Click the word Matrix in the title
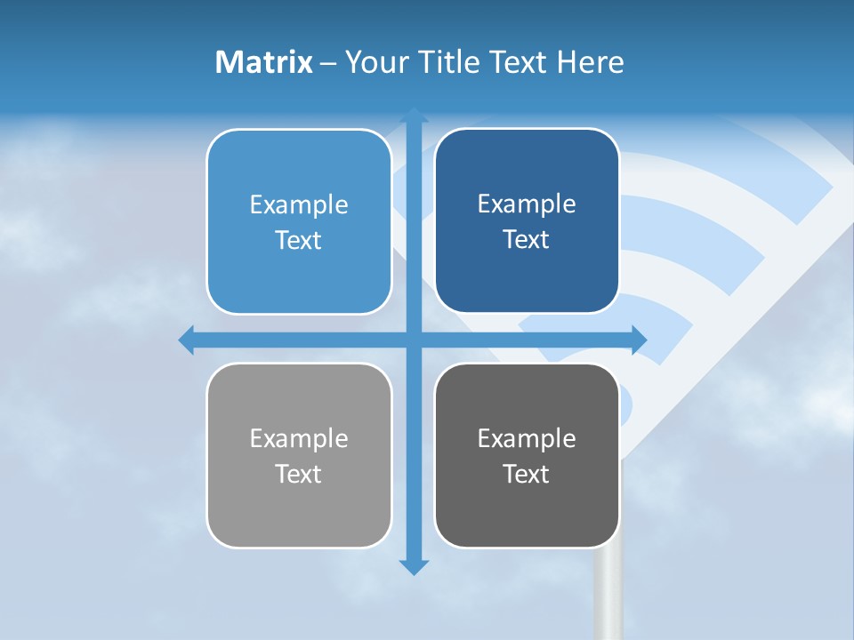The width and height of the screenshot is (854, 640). coord(264,62)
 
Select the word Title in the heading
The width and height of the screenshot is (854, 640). coord(447,62)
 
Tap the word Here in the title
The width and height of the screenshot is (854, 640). coord(591,62)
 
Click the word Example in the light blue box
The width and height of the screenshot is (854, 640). coord(299,204)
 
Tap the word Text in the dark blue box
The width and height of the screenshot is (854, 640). coord(526,240)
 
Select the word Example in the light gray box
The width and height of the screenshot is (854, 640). coord(299,438)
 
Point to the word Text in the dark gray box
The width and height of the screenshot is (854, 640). coord(526,474)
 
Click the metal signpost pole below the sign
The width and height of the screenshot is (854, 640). coord(608,596)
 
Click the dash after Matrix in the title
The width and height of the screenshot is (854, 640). coord(328,63)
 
